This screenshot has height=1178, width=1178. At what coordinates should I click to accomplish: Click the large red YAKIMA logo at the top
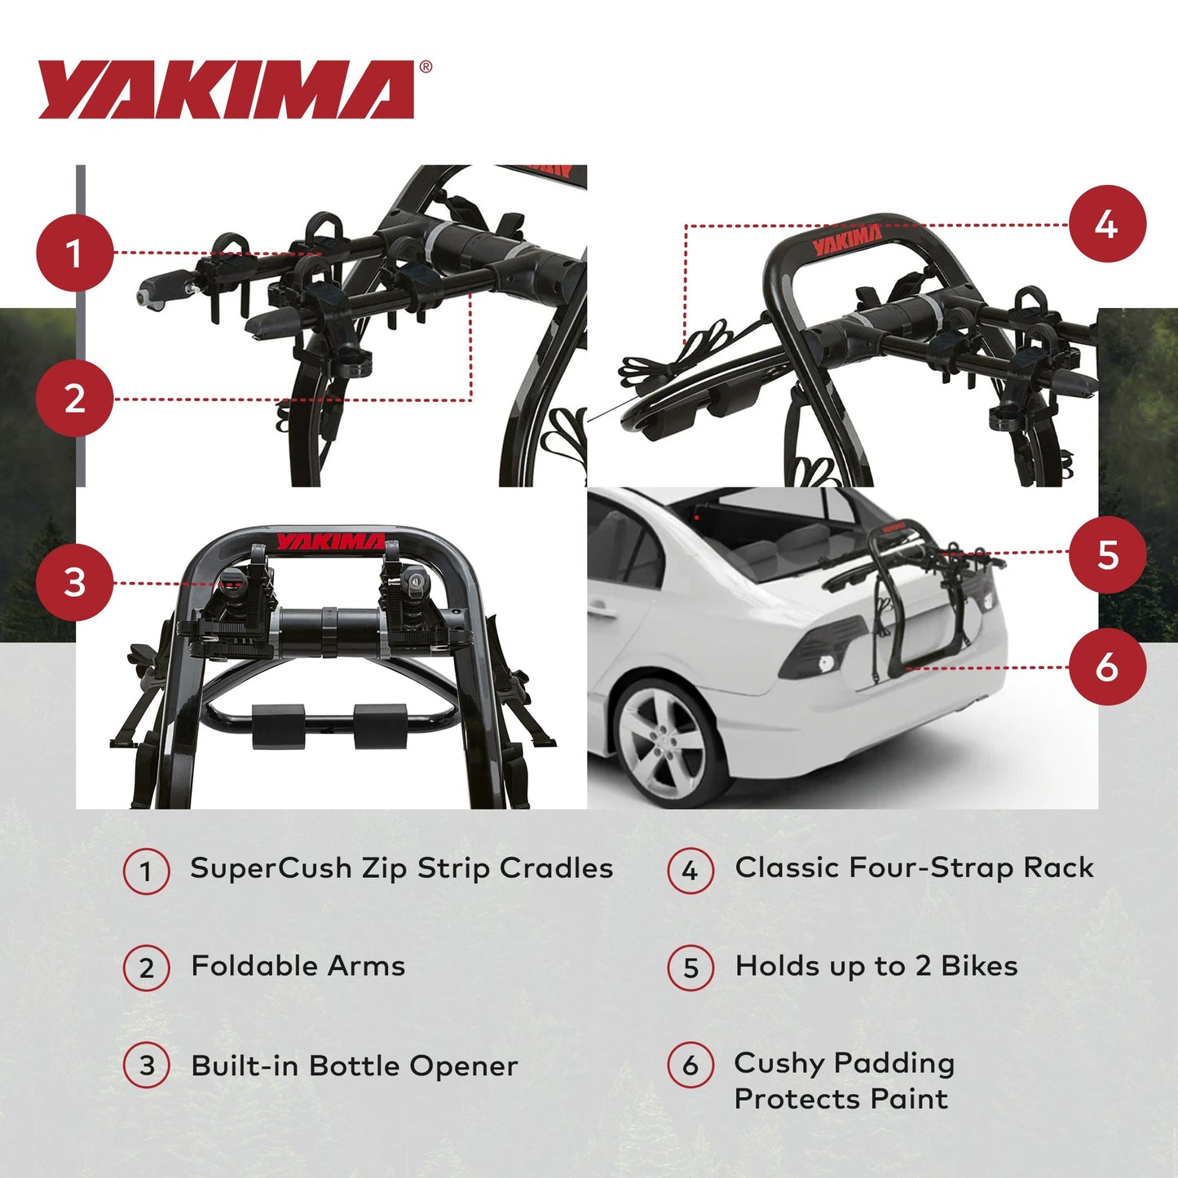pos(226,90)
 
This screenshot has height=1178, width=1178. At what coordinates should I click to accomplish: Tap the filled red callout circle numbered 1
pos(74,254)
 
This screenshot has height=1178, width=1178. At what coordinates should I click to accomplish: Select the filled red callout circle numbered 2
pos(74,399)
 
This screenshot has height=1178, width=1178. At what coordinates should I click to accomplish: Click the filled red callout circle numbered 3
pos(74,582)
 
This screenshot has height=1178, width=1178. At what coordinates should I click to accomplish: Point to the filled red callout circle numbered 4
pos(1107,224)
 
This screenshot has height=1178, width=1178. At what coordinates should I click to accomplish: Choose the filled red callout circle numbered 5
pos(1107,555)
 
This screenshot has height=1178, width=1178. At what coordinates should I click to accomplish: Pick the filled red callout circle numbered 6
pos(1107,667)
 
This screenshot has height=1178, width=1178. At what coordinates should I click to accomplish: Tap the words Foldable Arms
pos(298,966)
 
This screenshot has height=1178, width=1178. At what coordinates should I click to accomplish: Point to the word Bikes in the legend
pos(979,966)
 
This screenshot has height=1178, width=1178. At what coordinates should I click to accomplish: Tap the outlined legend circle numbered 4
pos(690,871)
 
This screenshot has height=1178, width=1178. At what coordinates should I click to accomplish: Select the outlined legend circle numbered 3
pos(147,1066)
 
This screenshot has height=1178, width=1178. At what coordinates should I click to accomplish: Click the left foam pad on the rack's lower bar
pos(278,726)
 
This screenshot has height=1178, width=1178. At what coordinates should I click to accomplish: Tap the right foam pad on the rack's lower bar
pos(380,726)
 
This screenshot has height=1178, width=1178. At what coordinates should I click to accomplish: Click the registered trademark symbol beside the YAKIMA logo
pos(426,68)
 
